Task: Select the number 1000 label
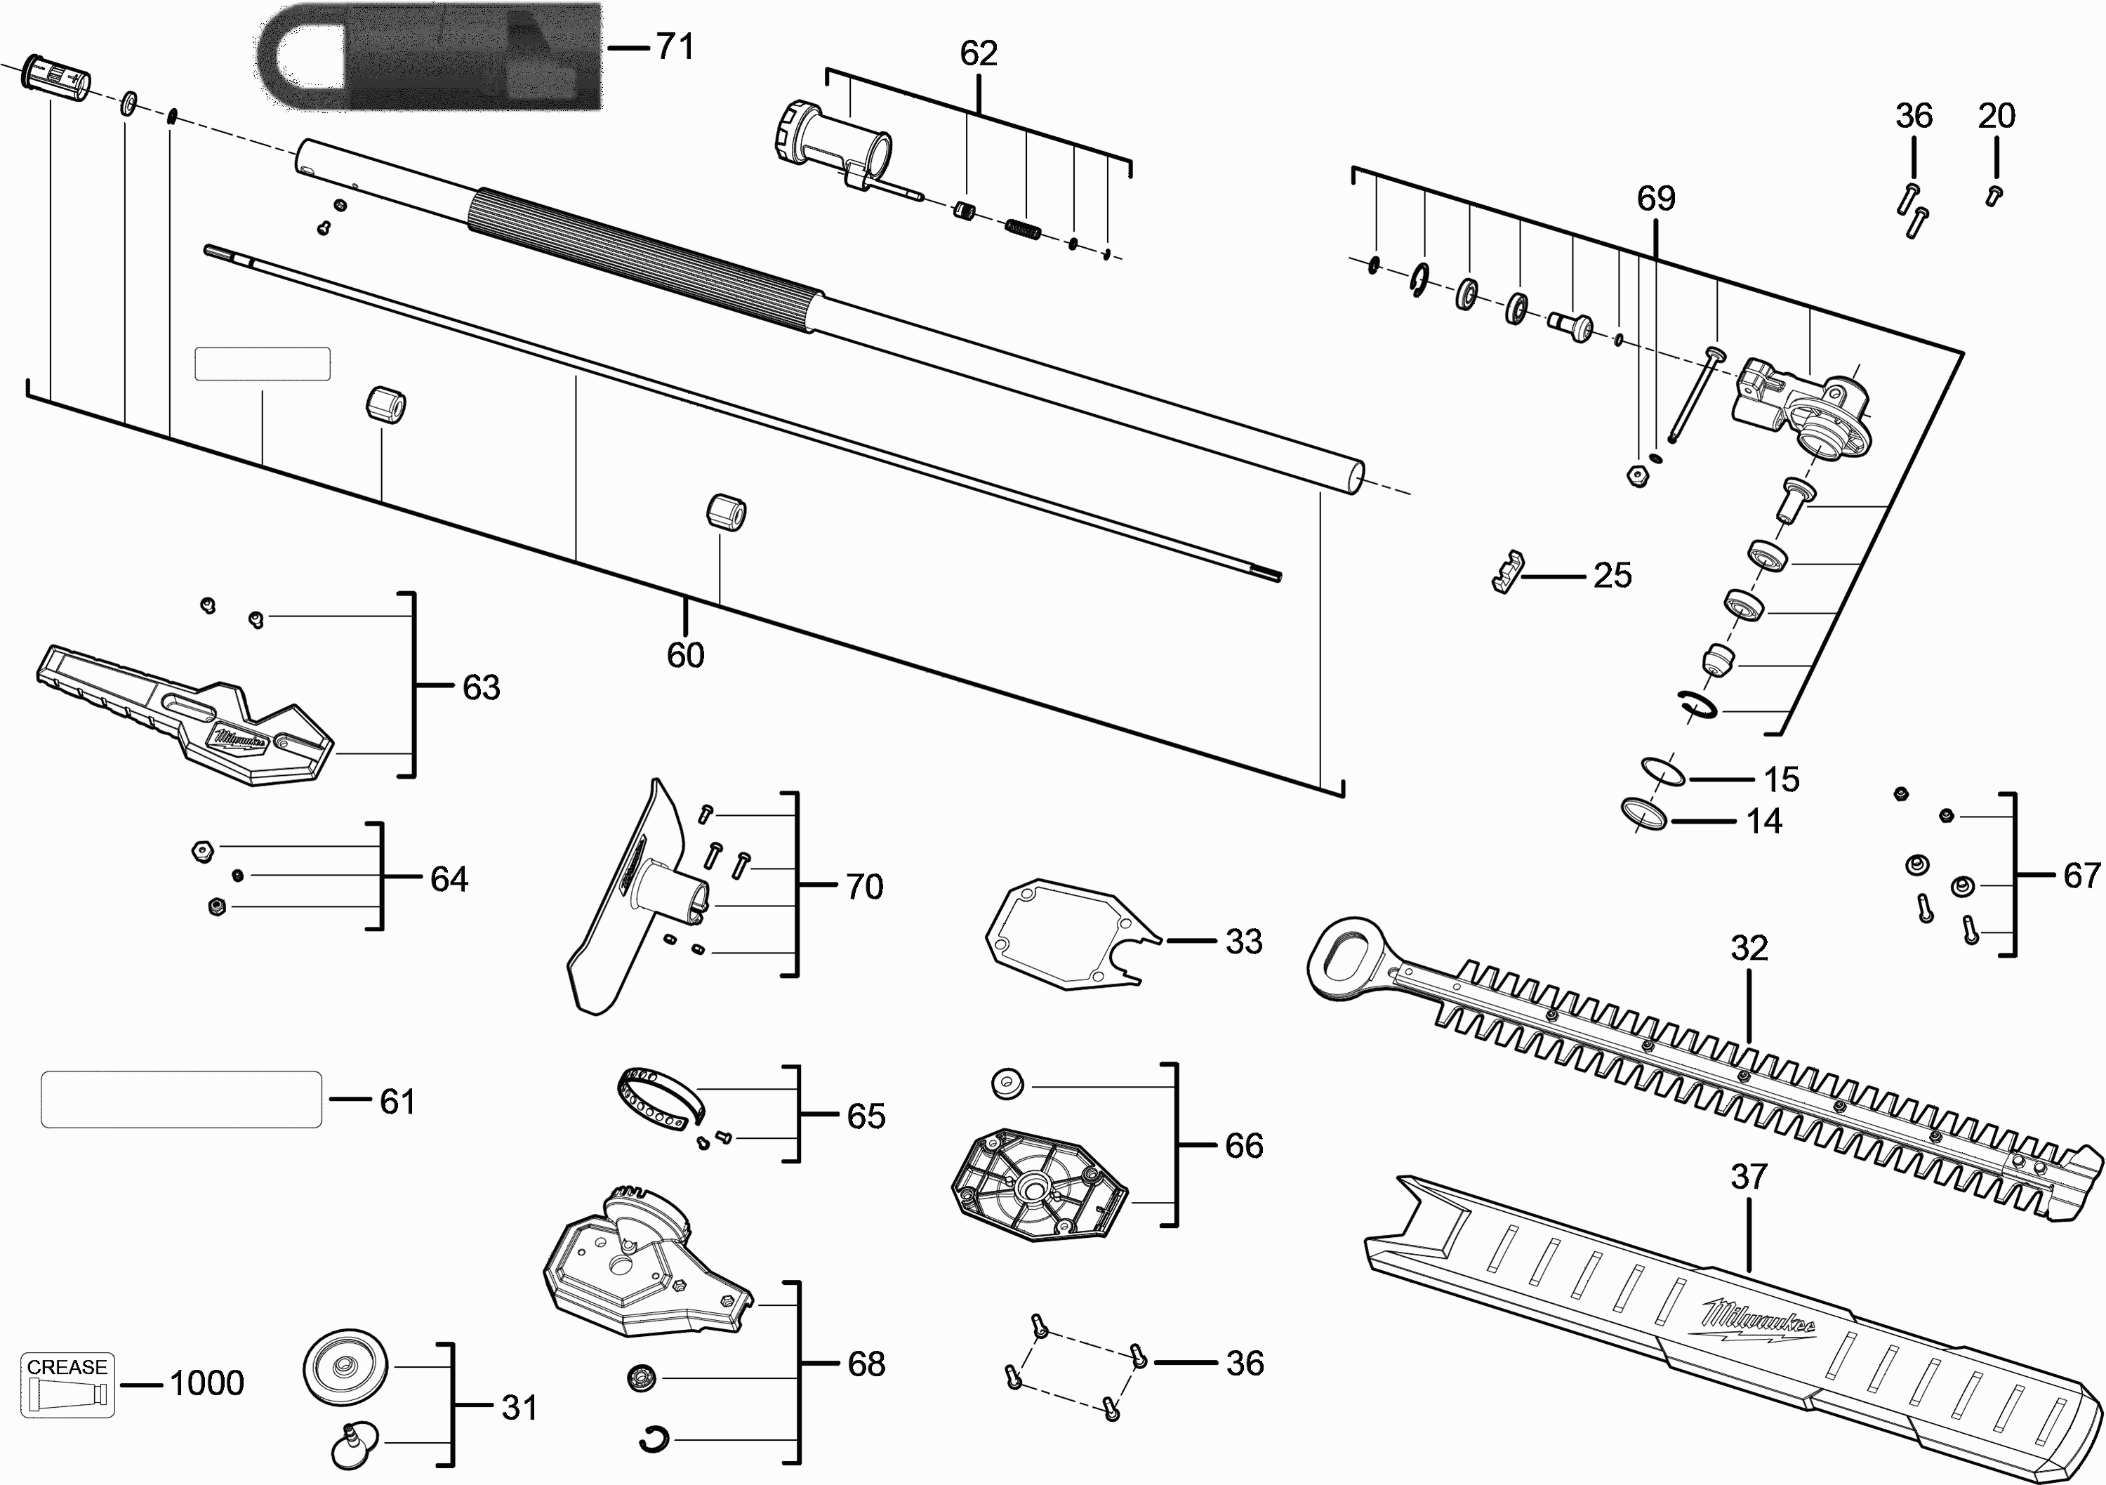pos(207,1383)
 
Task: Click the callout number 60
pos(685,655)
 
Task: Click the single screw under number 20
pos(1993,195)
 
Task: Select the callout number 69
pos(1655,198)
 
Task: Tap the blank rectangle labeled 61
pos(182,1099)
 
